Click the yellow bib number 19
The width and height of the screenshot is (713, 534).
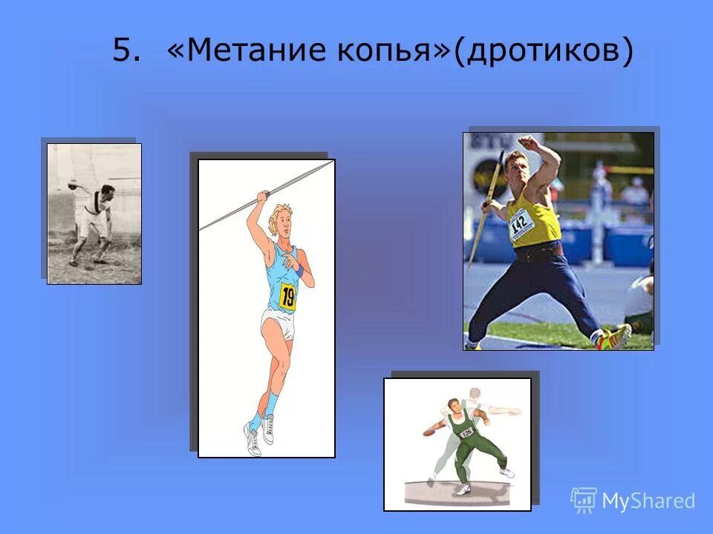(x=287, y=297)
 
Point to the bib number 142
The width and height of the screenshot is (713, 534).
(x=521, y=222)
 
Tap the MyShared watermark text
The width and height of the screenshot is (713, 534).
(x=648, y=501)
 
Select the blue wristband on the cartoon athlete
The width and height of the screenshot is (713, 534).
(x=299, y=271)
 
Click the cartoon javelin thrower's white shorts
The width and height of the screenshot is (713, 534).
(x=276, y=325)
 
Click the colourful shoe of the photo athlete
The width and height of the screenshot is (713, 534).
(x=614, y=338)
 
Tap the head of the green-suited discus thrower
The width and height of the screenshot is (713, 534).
(x=452, y=406)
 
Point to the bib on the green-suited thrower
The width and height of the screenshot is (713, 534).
(x=466, y=431)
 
